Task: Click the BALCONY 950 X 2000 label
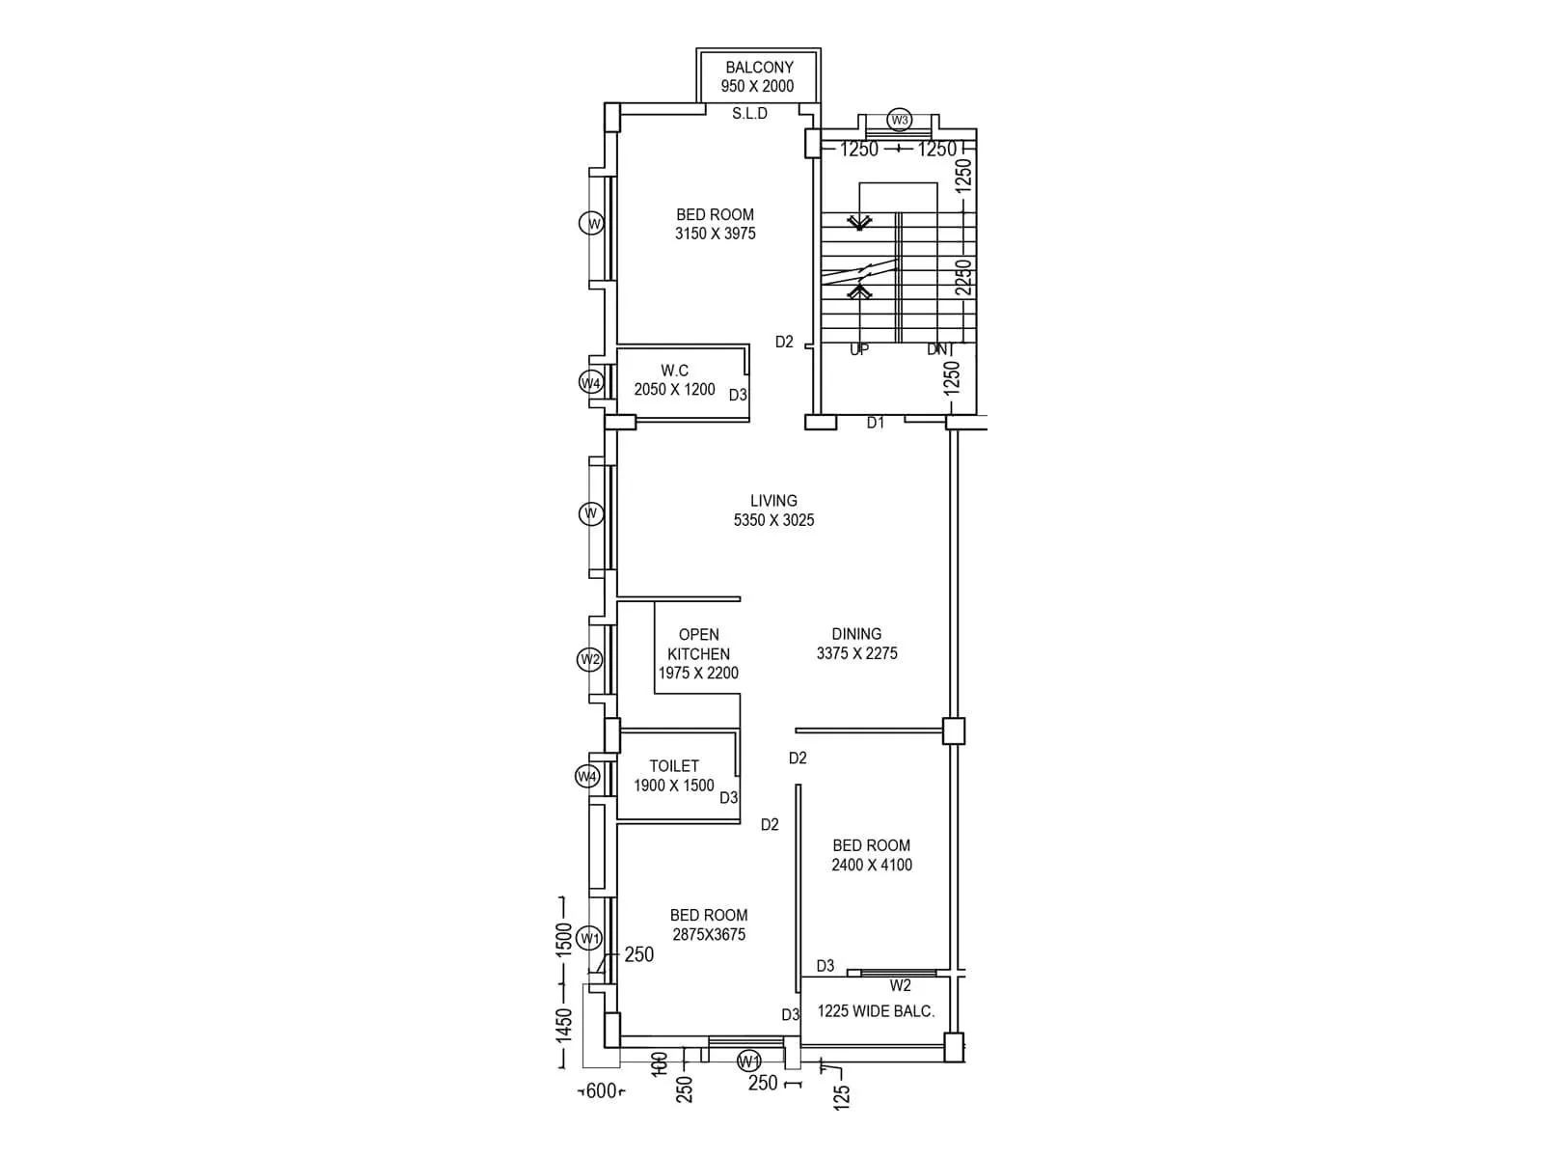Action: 758,76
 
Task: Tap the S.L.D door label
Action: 749,114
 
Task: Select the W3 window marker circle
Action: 899,120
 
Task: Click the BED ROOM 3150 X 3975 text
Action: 715,224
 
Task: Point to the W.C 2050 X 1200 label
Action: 674,380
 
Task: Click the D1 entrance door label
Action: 875,423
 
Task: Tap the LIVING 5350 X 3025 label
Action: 773,510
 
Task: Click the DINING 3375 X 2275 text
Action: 856,644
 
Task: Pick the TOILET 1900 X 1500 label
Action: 673,776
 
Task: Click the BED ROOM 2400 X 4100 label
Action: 871,855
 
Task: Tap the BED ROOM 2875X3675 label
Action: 709,924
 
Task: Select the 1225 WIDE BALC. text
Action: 876,1011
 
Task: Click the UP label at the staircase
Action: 858,350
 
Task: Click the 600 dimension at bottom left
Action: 601,1091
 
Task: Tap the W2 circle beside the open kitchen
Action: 589,660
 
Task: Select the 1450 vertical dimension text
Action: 564,1025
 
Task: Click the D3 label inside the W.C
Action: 738,395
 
